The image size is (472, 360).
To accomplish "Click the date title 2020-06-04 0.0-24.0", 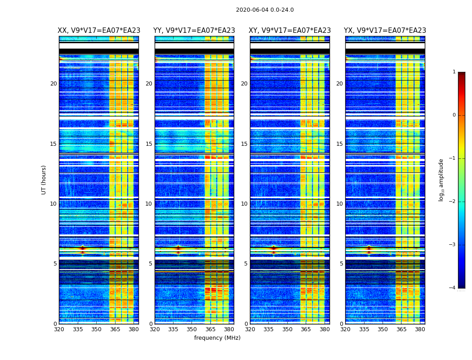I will click(x=265, y=10).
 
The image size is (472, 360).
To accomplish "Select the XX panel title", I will click(x=99, y=31).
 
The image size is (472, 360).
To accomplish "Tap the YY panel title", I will click(x=194, y=31).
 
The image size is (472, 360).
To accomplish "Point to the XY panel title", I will click(x=290, y=31).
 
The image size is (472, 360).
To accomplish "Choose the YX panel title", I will click(x=385, y=31).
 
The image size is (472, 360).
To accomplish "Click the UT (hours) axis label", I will click(x=44, y=180).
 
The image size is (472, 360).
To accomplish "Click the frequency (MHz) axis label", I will click(x=217, y=338).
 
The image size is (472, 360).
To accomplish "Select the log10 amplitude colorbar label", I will click(x=441, y=180).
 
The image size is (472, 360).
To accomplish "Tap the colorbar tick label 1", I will click(x=454, y=72).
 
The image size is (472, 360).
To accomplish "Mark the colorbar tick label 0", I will click(x=454, y=115).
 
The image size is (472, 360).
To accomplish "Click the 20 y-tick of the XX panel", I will click(x=53, y=84).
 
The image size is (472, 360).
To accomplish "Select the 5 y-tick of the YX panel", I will click(x=341, y=264).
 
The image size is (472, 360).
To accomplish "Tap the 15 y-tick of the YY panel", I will click(x=149, y=144).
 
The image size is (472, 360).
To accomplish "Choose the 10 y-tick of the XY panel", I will click(x=244, y=204).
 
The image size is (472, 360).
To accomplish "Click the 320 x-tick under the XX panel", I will click(x=59, y=329).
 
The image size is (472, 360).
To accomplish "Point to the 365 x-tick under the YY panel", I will click(x=210, y=329).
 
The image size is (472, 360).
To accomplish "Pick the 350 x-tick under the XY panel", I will click(x=287, y=329).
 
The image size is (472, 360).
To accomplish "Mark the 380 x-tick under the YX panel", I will click(x=420, y=329).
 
